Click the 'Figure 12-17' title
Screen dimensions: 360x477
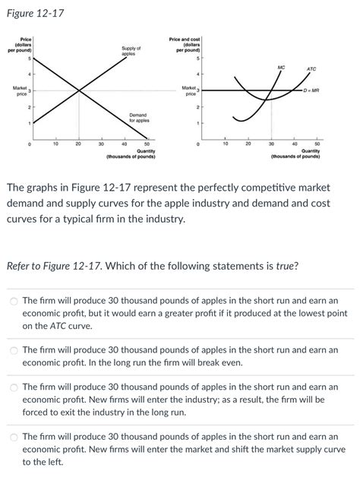[36, 11]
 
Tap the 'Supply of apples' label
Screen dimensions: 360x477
[131, 52]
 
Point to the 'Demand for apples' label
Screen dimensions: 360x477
[138, 118]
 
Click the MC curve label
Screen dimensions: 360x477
[281, 68]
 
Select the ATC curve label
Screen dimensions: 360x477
[311, 69]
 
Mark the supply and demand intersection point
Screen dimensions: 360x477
[79, 91]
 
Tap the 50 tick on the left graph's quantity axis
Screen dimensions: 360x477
[147, 143]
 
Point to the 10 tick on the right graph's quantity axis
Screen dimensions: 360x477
[226, 143]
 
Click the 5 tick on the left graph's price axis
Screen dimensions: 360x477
[29, 58]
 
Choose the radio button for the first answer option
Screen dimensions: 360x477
[14, 301]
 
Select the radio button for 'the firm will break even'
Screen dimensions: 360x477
[14, 350]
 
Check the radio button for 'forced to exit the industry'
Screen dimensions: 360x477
[14, 387]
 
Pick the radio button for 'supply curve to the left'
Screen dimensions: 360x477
[14, 437]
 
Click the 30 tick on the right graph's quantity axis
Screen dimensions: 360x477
[271, 143]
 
